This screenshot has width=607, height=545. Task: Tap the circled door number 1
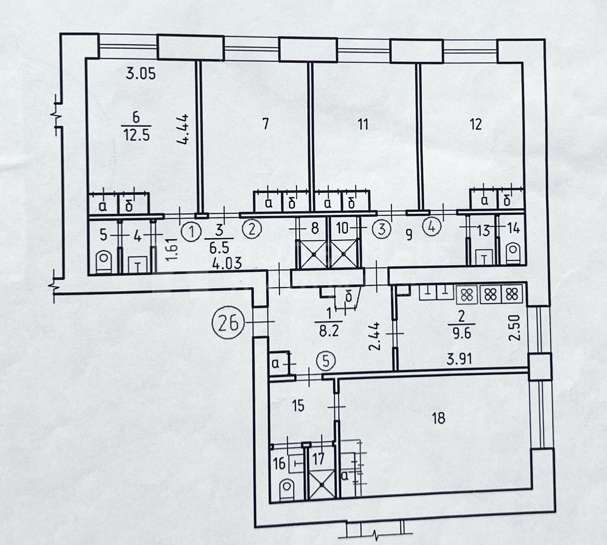point(191,232)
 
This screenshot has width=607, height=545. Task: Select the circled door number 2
point(252,230)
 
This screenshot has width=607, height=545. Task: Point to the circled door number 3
point(382,229)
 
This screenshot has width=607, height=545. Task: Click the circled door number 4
point(432,226)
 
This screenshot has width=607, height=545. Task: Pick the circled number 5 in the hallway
point(326,361)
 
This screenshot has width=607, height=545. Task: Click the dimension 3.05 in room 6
point(141,73)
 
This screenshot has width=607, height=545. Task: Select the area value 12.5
point(136,135)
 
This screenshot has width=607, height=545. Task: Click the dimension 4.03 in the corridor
point(227,264)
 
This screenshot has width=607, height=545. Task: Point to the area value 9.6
point(461,333)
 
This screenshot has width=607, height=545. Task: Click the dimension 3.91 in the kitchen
point(460,360)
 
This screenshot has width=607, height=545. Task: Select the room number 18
point(439,418)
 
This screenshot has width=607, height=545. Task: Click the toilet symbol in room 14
point(514,252)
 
